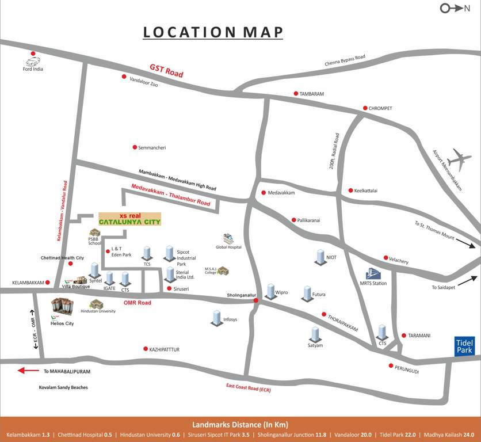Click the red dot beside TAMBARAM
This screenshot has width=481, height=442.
(296, 93)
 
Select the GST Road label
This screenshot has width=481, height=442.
(166, 71)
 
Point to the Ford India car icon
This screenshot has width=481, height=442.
(32, 60)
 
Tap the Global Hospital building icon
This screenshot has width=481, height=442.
(228, 239)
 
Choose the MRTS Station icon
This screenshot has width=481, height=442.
(373, 275)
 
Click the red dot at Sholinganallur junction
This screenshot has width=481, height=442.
(256, 300)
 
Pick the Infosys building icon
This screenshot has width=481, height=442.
(216, 317)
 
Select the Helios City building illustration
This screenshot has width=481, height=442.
(62, 308)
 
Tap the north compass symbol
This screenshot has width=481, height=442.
(452, 8)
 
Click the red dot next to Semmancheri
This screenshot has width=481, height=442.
(135, 147)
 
